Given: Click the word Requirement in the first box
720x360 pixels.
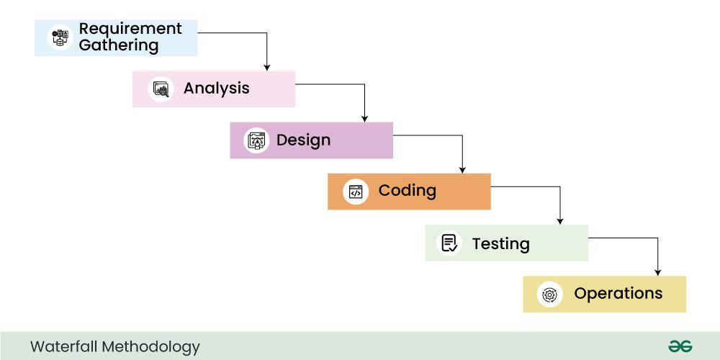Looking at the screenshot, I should [x=130, y=29].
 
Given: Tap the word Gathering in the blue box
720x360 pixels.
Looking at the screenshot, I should [x=119, y=45].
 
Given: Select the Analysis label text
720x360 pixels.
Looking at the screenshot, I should [x=216, y=89].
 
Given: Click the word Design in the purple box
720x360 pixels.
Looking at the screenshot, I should [x=303, y=140].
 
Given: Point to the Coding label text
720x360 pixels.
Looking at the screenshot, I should [x=407, y=191].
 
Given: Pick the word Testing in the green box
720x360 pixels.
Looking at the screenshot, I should [x=500, y=243].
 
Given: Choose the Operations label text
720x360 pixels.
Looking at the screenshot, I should [x=618, y=294].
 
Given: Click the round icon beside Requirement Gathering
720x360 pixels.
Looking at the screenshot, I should [x=60, y=37].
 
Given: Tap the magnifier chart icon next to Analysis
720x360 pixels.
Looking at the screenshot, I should [x=161, y=89].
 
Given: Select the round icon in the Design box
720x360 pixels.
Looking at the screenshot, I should [x=256, y=140].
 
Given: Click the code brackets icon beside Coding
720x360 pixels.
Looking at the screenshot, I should [x=355, y=192].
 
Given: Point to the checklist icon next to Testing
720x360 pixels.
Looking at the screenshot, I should [x=450, y=243].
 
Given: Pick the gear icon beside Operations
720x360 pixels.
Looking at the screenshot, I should [x=549, y=294].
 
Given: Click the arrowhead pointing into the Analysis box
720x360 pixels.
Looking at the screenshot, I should [x=267, y=67].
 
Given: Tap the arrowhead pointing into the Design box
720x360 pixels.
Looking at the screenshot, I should [x=364, y=118].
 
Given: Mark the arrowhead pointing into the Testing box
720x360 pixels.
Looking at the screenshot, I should [x=560, y=221].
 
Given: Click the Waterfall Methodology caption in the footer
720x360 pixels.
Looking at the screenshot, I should [x=115, y=346].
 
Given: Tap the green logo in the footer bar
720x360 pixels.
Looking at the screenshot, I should [x=680, y=346].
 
